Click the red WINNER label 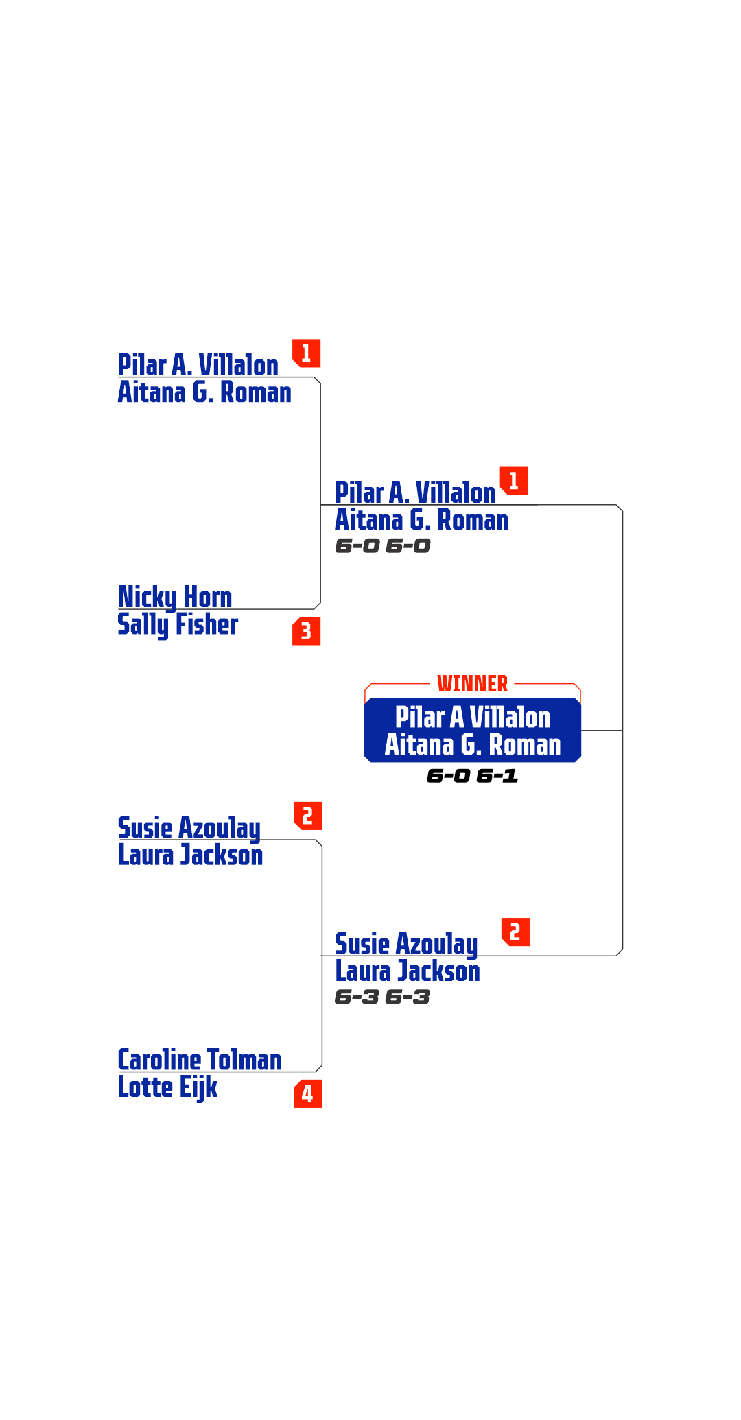[x=472, y=683]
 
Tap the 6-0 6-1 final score [x=472, y=776]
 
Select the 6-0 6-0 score [x=383, y=546]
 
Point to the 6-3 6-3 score [x=382, y=997]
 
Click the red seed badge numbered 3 [x=306, y=631]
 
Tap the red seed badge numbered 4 [x=307, y=1093]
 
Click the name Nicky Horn [x=175, y=597]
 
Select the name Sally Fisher [x=178, y=624]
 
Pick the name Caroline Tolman [x=199, y=1060]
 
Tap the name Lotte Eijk [x=167, y=1087]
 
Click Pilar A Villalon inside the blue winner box [x=473, y=718]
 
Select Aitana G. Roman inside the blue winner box [x=473, y=745]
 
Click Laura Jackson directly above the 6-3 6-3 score [x=408, y=971]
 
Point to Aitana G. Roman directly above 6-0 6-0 [x=421, y=521]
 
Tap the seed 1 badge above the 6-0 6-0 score [x=513, y=481]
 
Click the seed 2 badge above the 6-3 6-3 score [x=515, y=932]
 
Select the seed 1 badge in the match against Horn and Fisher [x=306, y=353]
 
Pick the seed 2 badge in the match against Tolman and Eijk [x=307, y=816]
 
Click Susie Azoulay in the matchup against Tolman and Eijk [x=189, y=828]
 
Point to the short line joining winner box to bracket [x=602, y=731]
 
